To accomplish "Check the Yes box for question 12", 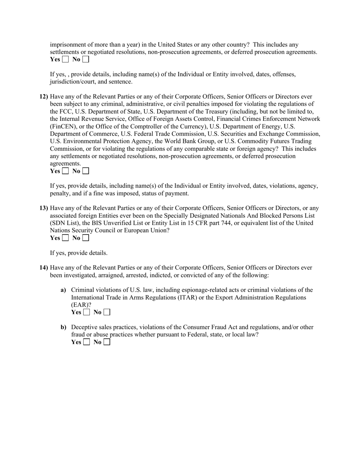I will [66, 171].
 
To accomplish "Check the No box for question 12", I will [86, 171].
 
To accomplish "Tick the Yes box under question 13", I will [66, 238].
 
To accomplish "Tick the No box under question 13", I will [86, 238].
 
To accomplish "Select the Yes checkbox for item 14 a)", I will [87, 312].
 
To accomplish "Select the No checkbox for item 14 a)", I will [107, 312].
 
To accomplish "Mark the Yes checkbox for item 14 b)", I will [87, 342].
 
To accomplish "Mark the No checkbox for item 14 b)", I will [107, 342].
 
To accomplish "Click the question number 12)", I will [44, 97].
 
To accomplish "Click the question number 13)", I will [44, 208].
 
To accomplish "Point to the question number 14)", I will [44, 267].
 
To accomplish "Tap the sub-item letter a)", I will [63, 290].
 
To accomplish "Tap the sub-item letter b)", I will [63, 327].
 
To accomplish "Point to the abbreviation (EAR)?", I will [81, 305].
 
